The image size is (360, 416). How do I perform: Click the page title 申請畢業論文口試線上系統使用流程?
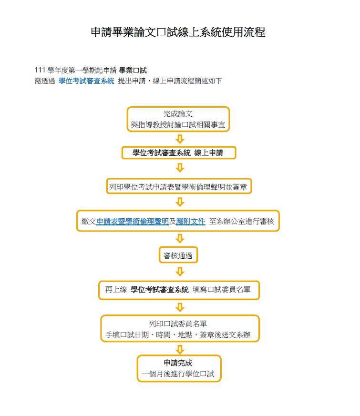pyautogui.click(x=178, y=32)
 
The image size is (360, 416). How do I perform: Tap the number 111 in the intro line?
pyautogui.click(x=40, y=70)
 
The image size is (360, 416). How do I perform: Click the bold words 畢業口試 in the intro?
pyautogui.click(x=133, y=71)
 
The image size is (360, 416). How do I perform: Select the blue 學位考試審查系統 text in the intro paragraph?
pyautogui.click(x=87, y=81)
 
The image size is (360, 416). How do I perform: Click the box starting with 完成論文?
pyautogui.click(x=178, y=119)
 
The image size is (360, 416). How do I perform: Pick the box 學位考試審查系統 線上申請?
pyautogui.click(x=179, y=153)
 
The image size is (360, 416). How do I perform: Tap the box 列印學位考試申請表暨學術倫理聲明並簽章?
pyautogui.click(x=179, y=186)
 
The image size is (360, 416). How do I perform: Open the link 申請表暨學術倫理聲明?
pyautogui.click(x=133, y=221)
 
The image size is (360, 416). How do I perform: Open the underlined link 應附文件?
pyautogui.click(x=191, y=221)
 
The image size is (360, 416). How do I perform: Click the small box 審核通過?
pyautogui.click(x=178, y=255)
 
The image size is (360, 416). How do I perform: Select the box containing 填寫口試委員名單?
pyautogui.click(x=179, y=290)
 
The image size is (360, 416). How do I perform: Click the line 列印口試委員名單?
pyautogui.click(x=178, y=324)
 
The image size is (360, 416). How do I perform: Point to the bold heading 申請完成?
pyautogui.click(x=178, y=363)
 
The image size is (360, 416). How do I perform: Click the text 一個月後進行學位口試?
pyautogui.click(x=178, y=374)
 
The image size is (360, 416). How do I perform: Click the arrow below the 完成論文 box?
pyautogui.click(x=180, y=139)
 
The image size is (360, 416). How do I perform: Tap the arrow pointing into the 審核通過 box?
pyautogui.click(x=180, y=238)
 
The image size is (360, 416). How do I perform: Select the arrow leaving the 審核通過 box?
pyautogui.click(x=180, y=272)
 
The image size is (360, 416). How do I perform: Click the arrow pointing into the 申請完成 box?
pyautogui.click(x=180, y=349)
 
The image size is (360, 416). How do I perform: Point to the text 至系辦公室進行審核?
pyautogui.click(x=241, y=221)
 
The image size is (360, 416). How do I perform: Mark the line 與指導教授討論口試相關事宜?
pyautogui.click(x=178, y=124)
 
